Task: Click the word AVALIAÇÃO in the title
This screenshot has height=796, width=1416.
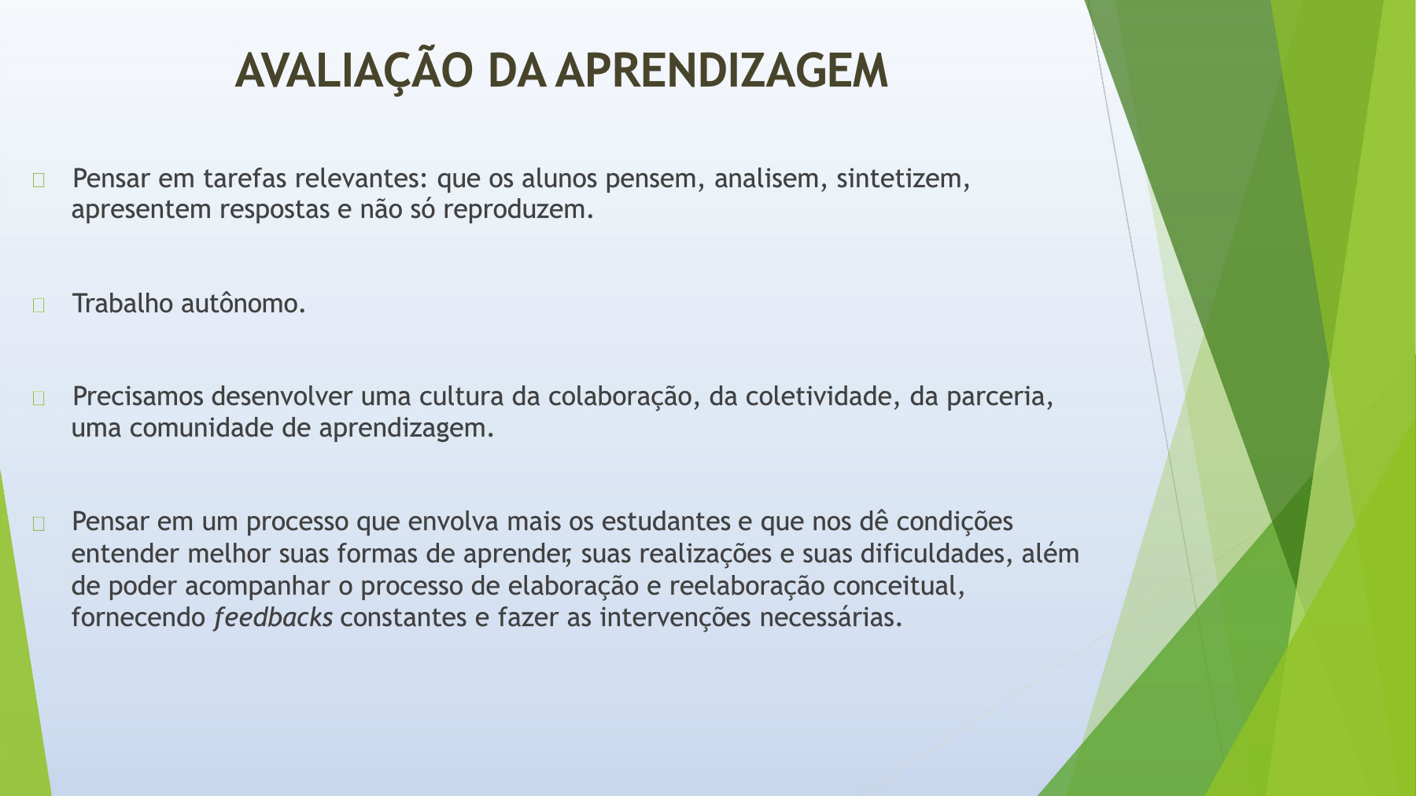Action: [x=354, y=71]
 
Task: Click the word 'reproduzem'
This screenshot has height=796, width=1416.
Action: [x=514, y=210]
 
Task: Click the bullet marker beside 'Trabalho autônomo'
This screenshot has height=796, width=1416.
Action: [x=39, y=305]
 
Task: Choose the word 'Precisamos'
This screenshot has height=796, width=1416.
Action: [x=138, y=396]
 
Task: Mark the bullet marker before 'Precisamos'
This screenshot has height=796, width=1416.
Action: [x=39, y=399]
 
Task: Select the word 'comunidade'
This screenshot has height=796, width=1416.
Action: [x=201, y=428]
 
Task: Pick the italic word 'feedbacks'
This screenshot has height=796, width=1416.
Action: [x=273, y=617]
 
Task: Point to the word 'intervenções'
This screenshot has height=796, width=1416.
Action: [x=675, y=618]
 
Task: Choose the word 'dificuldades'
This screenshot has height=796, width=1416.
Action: [x=932, y=554]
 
